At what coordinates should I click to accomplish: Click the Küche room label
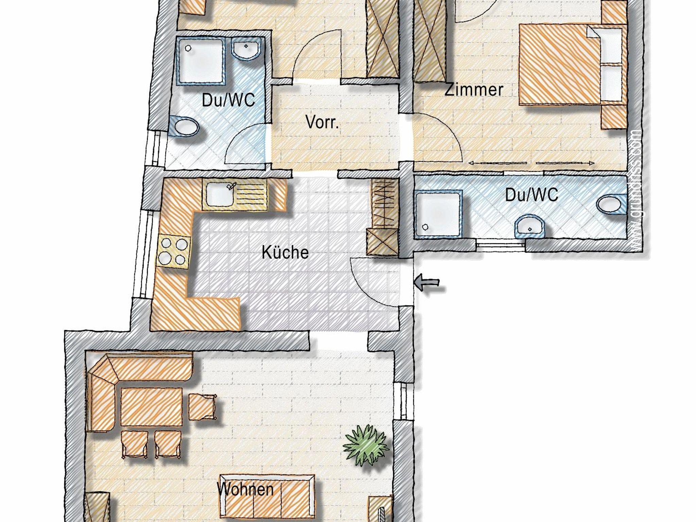click(x=285, y=253)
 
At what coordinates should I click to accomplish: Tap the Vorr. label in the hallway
click(x=322, y=122)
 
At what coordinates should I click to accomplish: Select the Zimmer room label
click(x=474, y=90)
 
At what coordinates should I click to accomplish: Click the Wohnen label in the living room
click(x=245, y=489)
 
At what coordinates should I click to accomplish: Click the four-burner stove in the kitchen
click(x=173, y=252)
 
